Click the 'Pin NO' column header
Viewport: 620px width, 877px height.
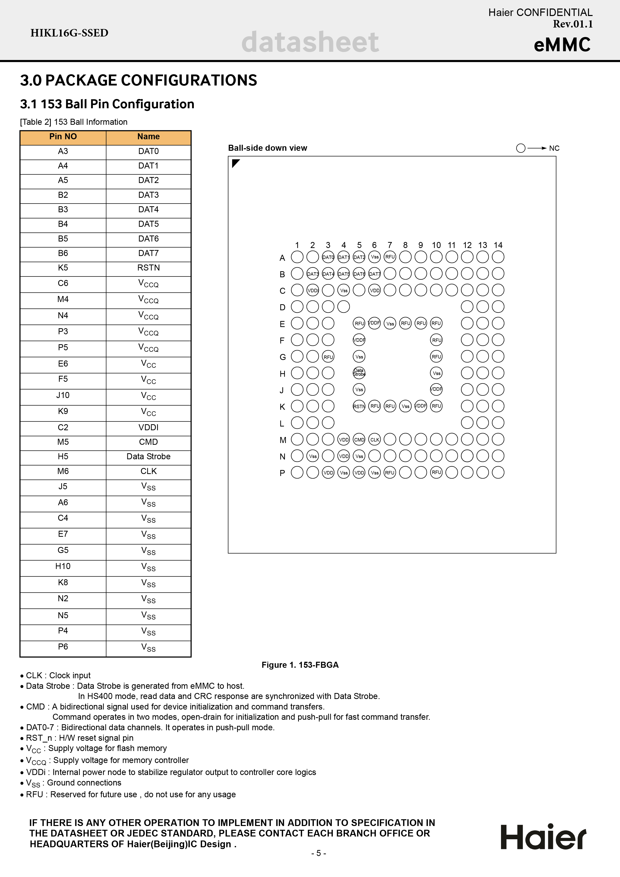(63, 137)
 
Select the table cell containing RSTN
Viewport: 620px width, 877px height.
(148, 268)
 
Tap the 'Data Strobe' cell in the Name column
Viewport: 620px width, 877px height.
(148, 456)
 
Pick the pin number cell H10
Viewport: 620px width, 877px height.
(63, 566)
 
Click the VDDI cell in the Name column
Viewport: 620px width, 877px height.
(148, 427)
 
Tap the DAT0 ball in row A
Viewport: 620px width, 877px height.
(328, 257)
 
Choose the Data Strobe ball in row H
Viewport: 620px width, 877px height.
(359, 373)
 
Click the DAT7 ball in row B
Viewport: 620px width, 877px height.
(375, 274)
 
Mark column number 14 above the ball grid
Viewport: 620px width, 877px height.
(498, 245)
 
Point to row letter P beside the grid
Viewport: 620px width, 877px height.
(282, 473)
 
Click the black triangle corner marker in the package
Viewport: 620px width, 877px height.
(235, 163)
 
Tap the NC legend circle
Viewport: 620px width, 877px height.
(521, 148)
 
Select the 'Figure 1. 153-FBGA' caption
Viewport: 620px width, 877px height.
(300, 665)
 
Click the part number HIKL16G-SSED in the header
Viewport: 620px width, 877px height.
(70, 33)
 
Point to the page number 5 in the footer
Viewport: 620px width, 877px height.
(319, 853)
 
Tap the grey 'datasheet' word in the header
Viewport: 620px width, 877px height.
(310, 42)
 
